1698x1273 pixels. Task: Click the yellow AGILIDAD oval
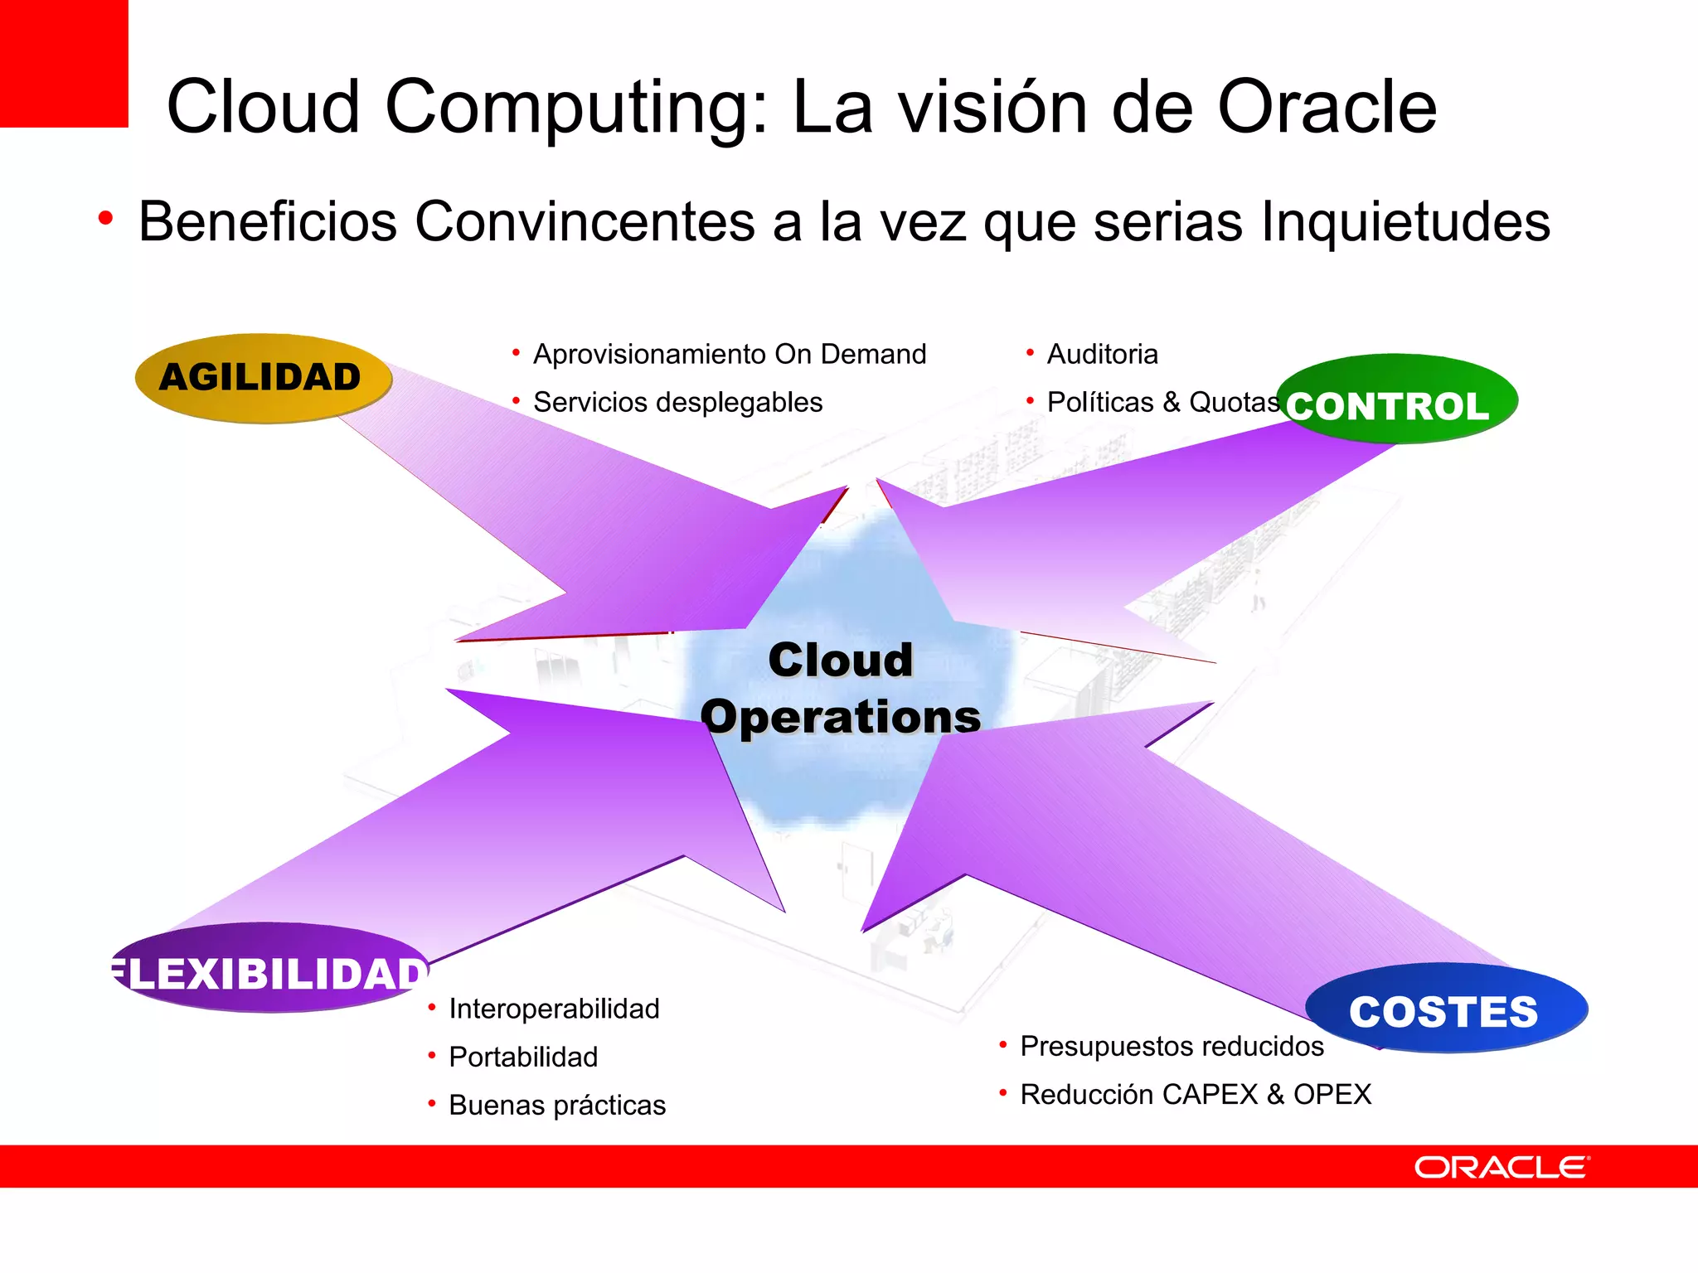[263, 378]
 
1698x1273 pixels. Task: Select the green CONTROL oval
[1397, 400]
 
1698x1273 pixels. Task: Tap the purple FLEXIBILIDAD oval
[269, 968]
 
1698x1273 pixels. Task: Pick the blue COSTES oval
[1446, 1009]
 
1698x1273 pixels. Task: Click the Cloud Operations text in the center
[841, 689]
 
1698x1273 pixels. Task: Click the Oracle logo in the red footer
[1502, 1167]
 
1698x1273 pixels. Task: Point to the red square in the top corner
[64, 63]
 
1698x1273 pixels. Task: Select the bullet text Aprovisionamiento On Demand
[730, 354]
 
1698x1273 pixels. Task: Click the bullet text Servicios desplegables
[677, 402]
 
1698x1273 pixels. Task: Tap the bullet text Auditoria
[1102, 354]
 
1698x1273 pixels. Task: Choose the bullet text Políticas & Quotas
[1162, 402]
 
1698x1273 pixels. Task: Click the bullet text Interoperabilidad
[554, 1009]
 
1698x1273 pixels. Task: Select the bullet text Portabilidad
[523, 1057]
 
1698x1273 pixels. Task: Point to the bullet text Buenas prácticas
[557, 1105]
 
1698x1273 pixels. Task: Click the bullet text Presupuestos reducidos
[1172, 1046]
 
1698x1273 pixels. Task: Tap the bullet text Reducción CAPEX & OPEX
[1196, 1094]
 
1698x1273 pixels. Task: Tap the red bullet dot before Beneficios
[105, 219]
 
